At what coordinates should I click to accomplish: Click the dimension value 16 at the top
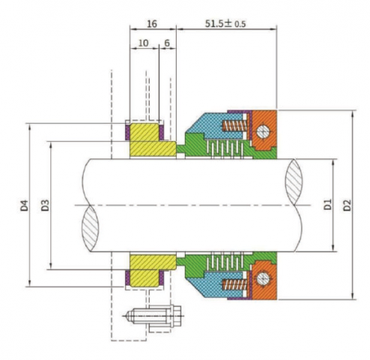pos(152,24)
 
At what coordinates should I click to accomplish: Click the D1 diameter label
pos(327,204)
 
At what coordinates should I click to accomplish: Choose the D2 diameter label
pos(346,204)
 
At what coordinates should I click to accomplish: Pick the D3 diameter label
pos(46,204)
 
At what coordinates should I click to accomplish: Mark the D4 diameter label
pos(25,204)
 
